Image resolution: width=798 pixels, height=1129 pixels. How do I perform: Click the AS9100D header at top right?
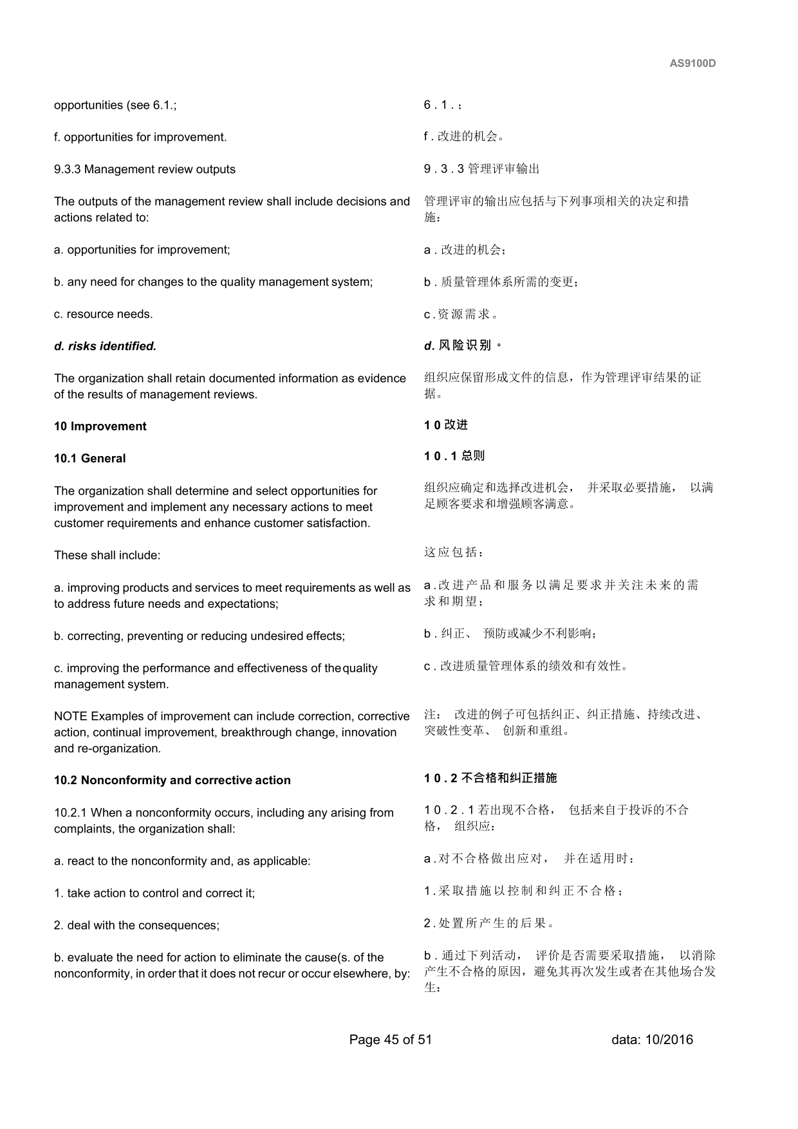[x=692, y=64]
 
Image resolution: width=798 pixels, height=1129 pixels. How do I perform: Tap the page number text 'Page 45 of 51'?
[x=391, y=1040]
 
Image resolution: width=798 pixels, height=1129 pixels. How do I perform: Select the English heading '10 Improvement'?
[x=100, y=427]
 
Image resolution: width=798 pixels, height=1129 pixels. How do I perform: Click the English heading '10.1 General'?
[x=89, y=459]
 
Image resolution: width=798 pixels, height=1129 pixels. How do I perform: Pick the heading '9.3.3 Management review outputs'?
[x=145, y=169]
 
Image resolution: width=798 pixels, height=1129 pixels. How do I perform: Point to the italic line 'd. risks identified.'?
[x=105, y=346]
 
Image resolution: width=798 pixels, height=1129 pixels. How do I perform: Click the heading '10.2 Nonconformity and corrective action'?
[x=172, y=780]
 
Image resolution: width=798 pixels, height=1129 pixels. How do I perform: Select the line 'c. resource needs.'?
[x=103, y=314]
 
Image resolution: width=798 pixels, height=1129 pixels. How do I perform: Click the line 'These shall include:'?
[x=107, y=555]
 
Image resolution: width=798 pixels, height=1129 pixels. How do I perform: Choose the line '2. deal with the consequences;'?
[x=136, y=925]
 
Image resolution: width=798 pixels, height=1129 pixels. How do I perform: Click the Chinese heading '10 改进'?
[x=445, y=425]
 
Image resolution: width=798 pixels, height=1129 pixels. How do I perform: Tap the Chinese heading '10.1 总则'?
[x=454, y=456]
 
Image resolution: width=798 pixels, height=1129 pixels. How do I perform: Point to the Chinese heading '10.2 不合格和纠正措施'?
[x=490, y=778]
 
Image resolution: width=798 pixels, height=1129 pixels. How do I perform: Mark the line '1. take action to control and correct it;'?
[x=154, y=893]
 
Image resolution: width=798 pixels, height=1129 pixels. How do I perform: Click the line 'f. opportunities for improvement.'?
[x=140, y=137]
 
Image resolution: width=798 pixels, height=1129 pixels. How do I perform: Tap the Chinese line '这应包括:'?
[x=453, y=553]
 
